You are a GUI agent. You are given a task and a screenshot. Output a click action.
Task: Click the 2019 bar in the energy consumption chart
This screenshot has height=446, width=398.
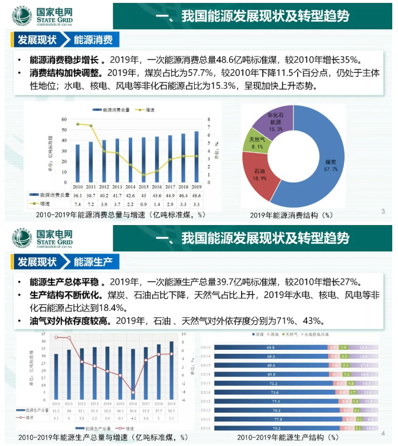196,157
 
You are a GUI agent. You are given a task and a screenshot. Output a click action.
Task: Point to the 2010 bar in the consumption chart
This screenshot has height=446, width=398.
78,164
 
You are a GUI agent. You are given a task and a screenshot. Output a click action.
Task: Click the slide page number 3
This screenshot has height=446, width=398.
383,212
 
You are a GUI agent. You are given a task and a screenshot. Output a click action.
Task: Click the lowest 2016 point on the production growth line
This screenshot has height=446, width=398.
133,392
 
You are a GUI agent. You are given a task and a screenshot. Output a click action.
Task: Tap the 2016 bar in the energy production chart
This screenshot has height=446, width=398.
133,374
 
